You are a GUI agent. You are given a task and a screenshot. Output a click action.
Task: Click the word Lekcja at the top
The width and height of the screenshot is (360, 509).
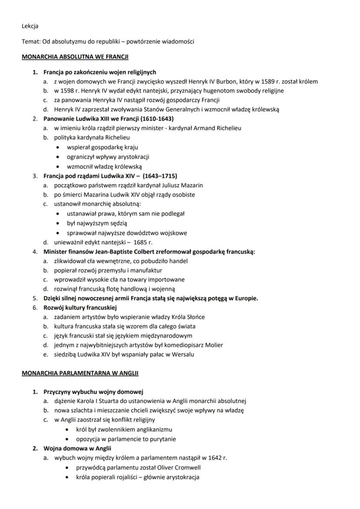(30, 26)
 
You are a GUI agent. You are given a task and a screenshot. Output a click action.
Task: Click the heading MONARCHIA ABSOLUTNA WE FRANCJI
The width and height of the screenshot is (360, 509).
(75, 57)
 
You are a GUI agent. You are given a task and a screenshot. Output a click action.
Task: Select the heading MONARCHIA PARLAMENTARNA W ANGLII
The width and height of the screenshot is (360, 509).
(80, 373)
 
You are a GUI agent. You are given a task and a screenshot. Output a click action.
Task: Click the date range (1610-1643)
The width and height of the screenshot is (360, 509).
(158, 118)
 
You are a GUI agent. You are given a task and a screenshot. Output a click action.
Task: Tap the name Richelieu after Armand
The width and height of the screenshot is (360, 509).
(228, 128)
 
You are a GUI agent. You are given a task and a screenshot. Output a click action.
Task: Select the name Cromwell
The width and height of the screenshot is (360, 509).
(187, 468)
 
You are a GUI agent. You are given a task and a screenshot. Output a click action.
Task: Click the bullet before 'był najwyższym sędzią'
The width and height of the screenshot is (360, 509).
(59, 223)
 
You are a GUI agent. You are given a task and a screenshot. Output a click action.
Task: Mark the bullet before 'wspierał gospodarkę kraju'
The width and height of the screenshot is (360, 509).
(59, 147)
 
